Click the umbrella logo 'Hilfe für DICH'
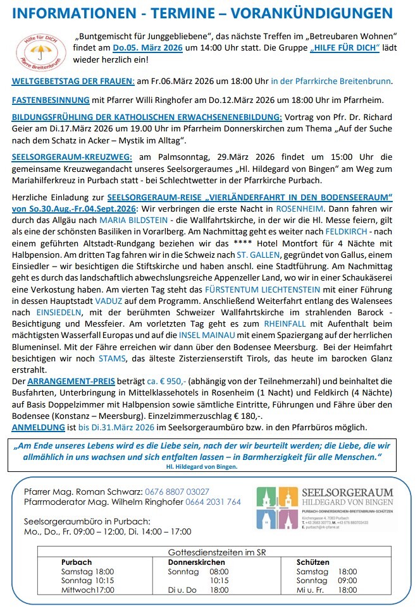coord(35,49)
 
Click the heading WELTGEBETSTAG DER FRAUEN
coord(73,81)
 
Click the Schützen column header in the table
coord(312,562)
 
